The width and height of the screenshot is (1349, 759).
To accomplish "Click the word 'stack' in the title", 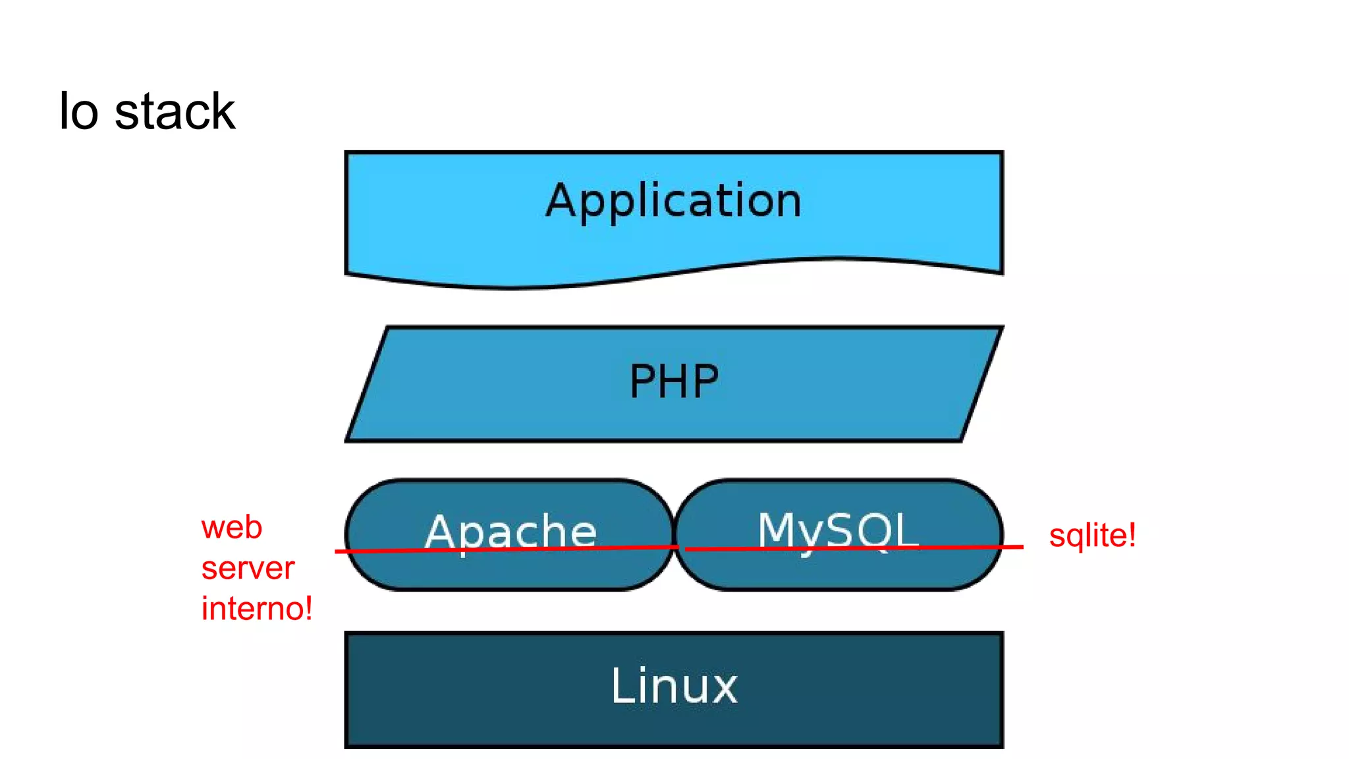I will click(175, 112).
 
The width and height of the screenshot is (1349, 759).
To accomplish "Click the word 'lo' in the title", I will click(78, 112).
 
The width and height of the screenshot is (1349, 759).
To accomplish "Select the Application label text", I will click(674, 200).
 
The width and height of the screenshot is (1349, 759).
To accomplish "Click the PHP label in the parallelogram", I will click(674, 381).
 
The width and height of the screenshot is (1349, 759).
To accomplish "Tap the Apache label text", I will click(510, 532).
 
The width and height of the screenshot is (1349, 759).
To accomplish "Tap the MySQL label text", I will click(838, 530).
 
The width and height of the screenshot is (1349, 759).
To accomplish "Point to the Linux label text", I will click(674, 687).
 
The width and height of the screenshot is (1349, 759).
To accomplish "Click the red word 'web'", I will click(232, 528).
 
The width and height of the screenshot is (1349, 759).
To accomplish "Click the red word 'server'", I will click(248, 568).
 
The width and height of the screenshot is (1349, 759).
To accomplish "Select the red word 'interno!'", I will click(257, 608).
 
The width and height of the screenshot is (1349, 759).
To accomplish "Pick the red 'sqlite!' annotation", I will click(1092, 535).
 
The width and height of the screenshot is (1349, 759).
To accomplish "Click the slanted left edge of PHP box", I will click(366, 383).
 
